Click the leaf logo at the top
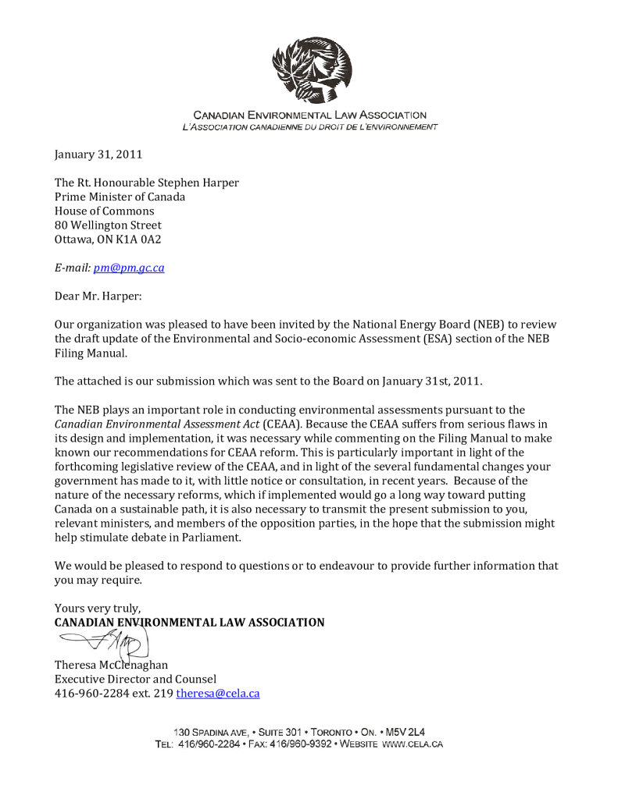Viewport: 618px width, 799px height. (310, 70)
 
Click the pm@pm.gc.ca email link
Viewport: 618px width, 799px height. (129, 268)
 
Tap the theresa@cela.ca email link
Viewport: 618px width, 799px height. (218, 693)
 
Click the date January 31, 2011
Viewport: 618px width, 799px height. (98, 154)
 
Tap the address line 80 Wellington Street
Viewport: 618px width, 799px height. (108, 225)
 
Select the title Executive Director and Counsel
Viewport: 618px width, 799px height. (135, 679)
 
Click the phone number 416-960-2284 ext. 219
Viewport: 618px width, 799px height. (113, 693)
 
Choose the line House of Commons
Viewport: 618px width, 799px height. (104, 211)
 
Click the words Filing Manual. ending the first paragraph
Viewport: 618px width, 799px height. (90, 353)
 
